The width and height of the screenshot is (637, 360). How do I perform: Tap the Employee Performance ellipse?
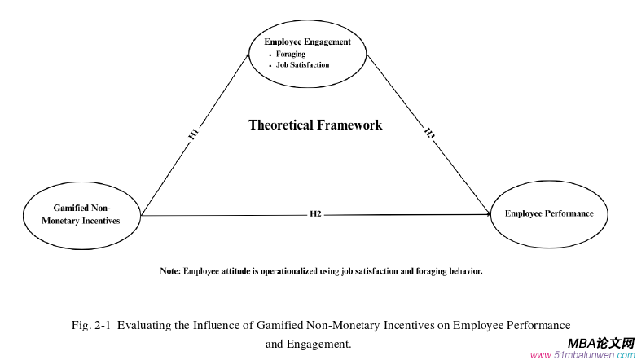[548, 214]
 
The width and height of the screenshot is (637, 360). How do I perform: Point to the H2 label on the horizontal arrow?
[315, 214]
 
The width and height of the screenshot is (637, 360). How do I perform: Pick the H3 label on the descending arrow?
[429, 133]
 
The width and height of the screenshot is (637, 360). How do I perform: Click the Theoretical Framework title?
[315, 125]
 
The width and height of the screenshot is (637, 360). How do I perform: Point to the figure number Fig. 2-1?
[90, 325]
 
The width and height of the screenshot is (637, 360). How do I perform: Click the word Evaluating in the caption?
[140, 325]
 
